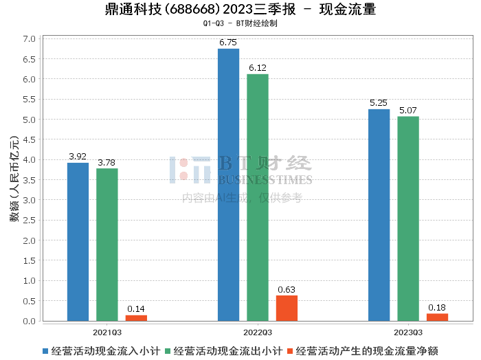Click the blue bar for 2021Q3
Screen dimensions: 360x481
[x=78, y=242]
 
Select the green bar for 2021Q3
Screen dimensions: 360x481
[x=107, y=245]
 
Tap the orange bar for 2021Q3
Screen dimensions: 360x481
[x=136, y=318]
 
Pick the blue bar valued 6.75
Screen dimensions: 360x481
[x=228, y=185]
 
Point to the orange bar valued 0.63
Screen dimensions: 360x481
[x=287, y=308]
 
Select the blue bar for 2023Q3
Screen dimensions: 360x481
[x=379, y=215]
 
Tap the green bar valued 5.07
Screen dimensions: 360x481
[x=408, y=218]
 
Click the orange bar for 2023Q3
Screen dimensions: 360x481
[x=437, y=317]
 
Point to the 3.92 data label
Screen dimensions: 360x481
[x=78, y=157]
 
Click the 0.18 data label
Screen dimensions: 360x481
[x=437, y=307]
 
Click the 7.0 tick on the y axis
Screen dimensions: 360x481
[x=29, y=39]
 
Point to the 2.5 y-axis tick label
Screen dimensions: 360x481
[x=29, y=221]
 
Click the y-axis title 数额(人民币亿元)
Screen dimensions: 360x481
[x=13, y=180]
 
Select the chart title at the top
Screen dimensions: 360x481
[x=240, y=10]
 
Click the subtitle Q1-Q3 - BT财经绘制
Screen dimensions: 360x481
[x=240, y=24]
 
